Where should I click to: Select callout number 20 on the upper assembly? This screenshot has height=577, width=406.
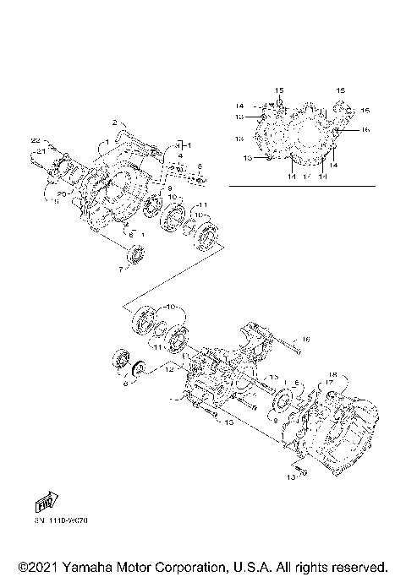click(x=61, y=193)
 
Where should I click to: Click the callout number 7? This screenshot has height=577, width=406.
click(x=120, y=269)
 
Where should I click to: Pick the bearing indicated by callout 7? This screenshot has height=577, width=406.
click(x=135, y=255)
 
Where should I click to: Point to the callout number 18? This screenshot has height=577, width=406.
click(x=332, y=374)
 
